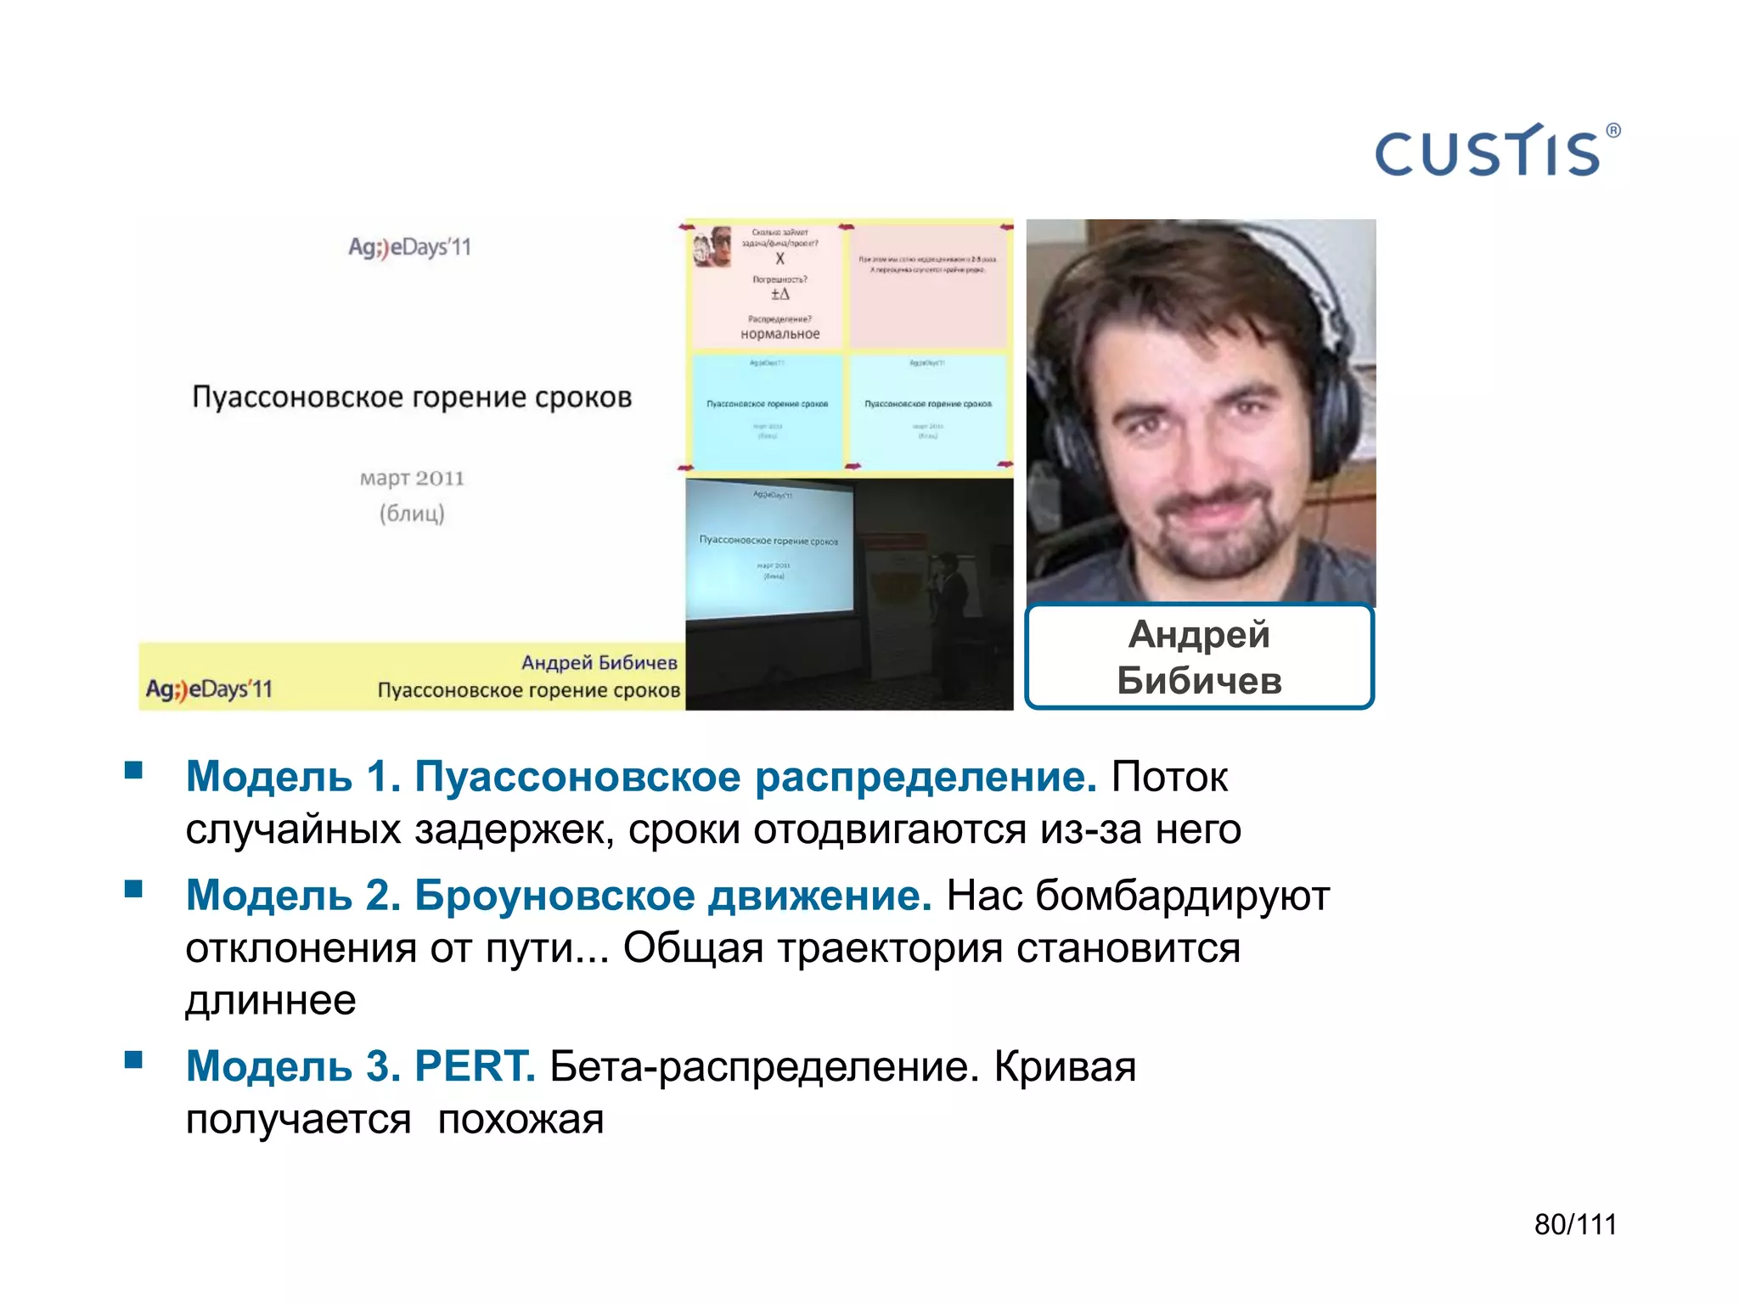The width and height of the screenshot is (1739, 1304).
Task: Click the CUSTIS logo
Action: pyautogui.click(x=1488, y=153)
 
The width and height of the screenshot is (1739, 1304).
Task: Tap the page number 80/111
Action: pyautogui.click(x=1575, y=1224)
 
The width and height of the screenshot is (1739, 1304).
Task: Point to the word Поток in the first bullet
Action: pyautogui.click(x=1169, y=777)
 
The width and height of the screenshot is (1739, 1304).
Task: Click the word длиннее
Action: pyautogui.click(x=271, y=1000)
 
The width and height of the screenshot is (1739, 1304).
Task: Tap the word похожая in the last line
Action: pyautogui.click(x=521, y=1120)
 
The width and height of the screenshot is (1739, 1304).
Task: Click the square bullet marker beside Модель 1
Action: pyautogui.click(x=133, y=770)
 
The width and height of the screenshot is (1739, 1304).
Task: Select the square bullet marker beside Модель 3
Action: pyautogui.click(x=133, y=1059)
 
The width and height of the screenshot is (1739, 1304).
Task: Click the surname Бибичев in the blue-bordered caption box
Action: pyautogui.click(x=1199, y=681)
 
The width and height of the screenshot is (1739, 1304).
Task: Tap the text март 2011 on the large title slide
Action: pyautogui.click(x=412, y=478)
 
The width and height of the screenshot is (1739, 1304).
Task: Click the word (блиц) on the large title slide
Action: pyautogui.click(x=412, y=514)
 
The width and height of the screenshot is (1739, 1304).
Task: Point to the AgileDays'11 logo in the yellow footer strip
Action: pyautogui.click(x=209, y=689)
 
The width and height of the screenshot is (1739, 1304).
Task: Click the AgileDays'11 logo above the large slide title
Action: pyautogui.click(x=409, y=247)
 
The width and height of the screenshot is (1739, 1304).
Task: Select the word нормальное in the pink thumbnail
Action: pyautogui.click(x=779, y=334)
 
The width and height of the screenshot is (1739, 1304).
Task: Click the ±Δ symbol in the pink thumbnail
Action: pyautogui.click(x=779, y=295)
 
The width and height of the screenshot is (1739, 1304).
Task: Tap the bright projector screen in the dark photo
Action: pyautogui.click(x=769, y=548)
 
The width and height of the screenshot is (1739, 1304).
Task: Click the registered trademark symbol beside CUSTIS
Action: pyautogui.click(x=1613, y=131)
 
